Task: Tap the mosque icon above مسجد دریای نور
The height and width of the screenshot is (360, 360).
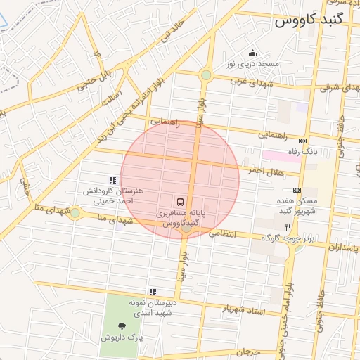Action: tap(253, 53)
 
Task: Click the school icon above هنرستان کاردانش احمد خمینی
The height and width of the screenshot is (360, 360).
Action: tap(112, 181)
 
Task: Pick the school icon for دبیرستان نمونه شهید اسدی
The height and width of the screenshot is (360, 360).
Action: tap(152, 291)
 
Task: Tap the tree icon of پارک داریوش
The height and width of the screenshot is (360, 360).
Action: tap(122, 326)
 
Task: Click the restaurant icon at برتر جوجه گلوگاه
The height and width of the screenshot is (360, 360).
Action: tap(288, 227)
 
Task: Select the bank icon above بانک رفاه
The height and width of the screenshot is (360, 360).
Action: tap(303, 141)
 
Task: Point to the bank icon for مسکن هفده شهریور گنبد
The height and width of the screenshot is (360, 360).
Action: tap(297, 190)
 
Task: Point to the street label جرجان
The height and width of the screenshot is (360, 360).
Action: tap(248, 351)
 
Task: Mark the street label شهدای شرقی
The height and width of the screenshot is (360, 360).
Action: tap(335, 88)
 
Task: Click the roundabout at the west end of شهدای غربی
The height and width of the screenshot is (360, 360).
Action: tap(206, 75)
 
